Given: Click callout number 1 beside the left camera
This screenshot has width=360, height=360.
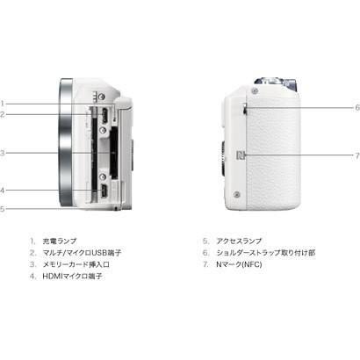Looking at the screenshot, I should click(3, 102).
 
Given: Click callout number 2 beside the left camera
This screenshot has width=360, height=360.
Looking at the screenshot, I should click(3, 114).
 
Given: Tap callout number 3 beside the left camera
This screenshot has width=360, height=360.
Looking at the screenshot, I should click(3, 153).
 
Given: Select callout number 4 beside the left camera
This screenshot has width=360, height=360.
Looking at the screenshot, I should click(3, 190).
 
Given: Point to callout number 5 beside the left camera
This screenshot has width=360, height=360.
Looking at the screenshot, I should click(3, 208).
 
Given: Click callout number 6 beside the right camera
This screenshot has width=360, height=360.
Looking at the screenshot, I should click(356, 107).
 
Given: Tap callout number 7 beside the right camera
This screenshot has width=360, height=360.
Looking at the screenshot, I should click(356, 155).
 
